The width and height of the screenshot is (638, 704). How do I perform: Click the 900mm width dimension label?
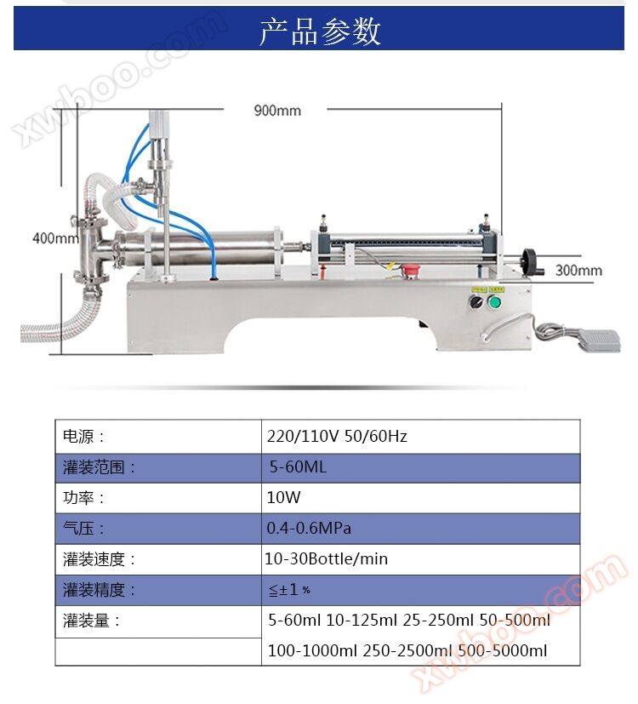click(x=277, y=111)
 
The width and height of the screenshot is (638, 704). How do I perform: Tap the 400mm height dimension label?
click(x=54, y=238)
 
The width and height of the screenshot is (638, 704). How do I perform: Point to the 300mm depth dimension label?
click(x=578, y=271)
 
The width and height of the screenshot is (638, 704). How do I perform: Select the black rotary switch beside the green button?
click(x=476, y=301)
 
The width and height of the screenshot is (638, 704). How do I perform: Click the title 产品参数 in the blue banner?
click(x=320, y=31)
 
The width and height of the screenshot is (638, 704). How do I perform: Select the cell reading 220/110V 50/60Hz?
click(x=337, y=437)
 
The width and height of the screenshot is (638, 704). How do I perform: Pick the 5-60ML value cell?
click(x=298, y=467)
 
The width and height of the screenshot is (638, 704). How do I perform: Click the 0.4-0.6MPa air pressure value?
click(x=309, y=528)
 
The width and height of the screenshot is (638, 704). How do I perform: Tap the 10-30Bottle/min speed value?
click(x=326, y=559)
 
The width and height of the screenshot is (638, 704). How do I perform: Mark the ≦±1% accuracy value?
click(x=289, y=590)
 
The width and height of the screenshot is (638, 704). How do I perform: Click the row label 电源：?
click(x=83, y=437)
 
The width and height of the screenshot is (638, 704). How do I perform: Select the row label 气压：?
click(x=83, y=529)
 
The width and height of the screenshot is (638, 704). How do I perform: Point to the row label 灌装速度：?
click(x=100, y=559)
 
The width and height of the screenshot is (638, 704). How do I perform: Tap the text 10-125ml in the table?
click(x=362, y=620)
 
